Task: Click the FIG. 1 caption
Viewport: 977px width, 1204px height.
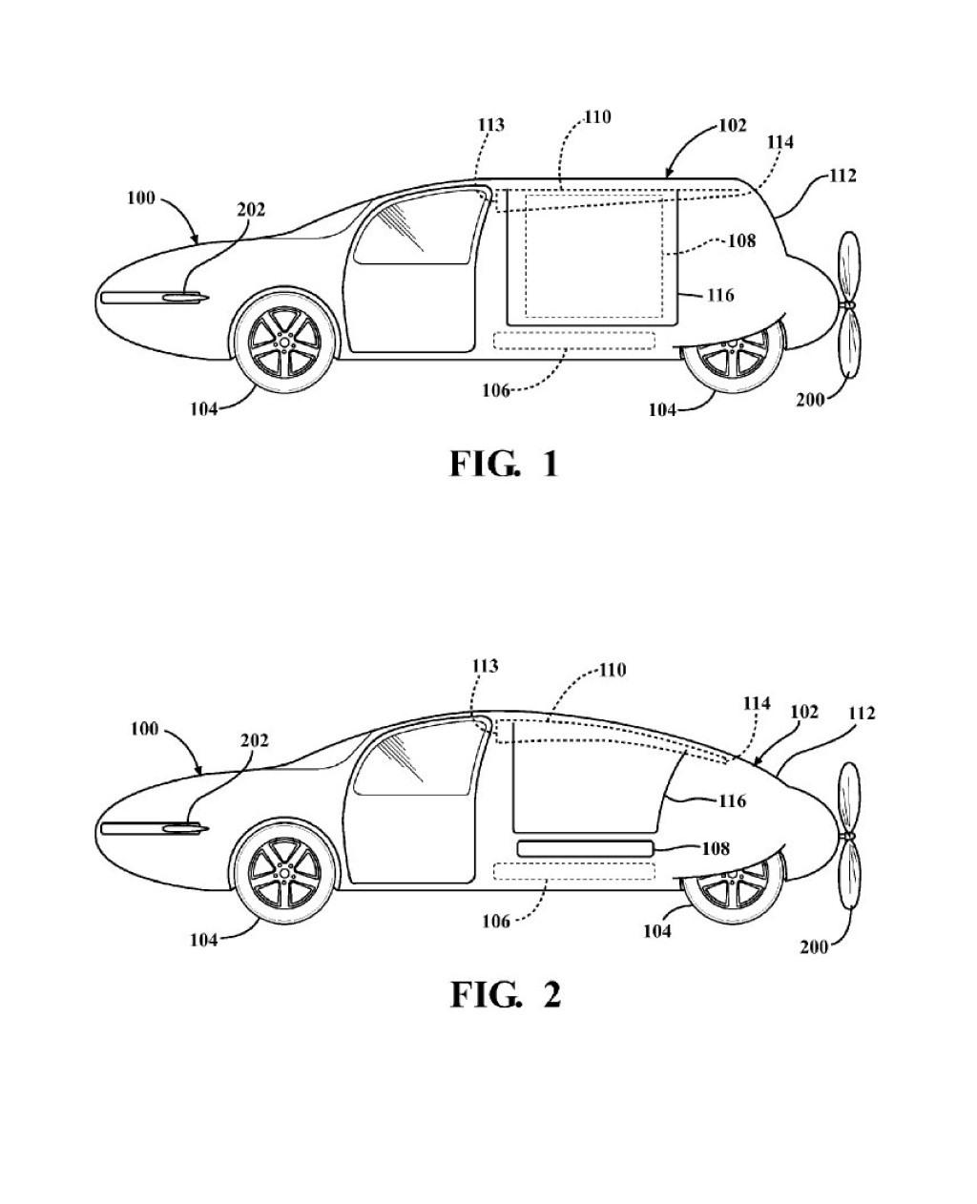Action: coord(504,465)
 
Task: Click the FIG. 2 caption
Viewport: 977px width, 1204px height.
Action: coord(506,994)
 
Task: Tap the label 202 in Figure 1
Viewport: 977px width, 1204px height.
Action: coord(251,210)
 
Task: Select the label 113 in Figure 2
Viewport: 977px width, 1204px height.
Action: coord(485,666)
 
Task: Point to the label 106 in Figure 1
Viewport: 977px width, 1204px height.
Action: coord(495,390)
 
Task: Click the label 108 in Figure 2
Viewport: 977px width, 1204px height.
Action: coord(716,848)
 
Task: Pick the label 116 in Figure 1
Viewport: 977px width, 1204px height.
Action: coord(720,295)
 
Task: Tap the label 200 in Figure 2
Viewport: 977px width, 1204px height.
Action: coord(814,946)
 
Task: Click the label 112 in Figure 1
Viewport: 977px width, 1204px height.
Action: coord(842,176)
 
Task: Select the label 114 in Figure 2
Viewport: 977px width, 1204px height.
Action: coord(757,703)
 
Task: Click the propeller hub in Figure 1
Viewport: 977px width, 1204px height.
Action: coord(848,304)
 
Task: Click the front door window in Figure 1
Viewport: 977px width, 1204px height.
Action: coord(422,227)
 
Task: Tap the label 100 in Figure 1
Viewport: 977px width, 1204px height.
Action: coord(141,197)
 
